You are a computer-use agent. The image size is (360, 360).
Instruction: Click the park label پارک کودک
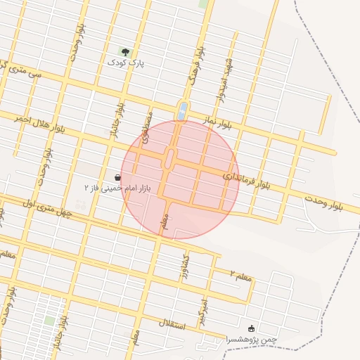[x=125, y=63]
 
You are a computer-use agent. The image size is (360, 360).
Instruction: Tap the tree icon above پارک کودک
[x=125, y=51]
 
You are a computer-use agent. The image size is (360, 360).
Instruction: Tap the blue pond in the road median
[x=183, y=110]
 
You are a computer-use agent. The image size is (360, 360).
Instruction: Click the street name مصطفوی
[x=147, y=127]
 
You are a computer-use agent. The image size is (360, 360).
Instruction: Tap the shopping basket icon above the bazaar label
[x=117, y=177]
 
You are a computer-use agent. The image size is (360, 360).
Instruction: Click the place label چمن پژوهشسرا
[x=252, y=340]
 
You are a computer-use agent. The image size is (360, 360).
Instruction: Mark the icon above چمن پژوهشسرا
[x=252, y=328]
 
